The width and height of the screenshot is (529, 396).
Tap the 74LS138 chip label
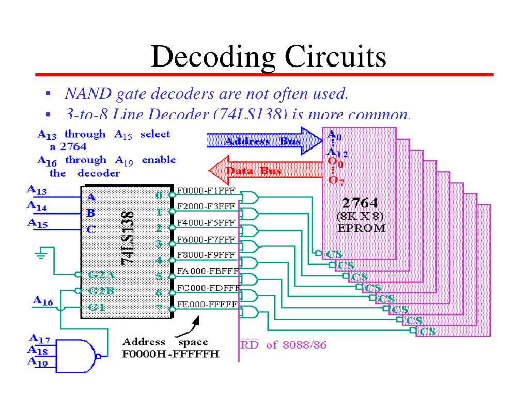pos(127,238)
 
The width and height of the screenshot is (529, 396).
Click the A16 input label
pos(42,300)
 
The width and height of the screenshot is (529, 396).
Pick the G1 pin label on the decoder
pos(95,308)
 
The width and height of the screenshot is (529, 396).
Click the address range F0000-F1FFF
pos(206,191)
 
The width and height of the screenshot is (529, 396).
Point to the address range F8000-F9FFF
pos(206,255)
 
